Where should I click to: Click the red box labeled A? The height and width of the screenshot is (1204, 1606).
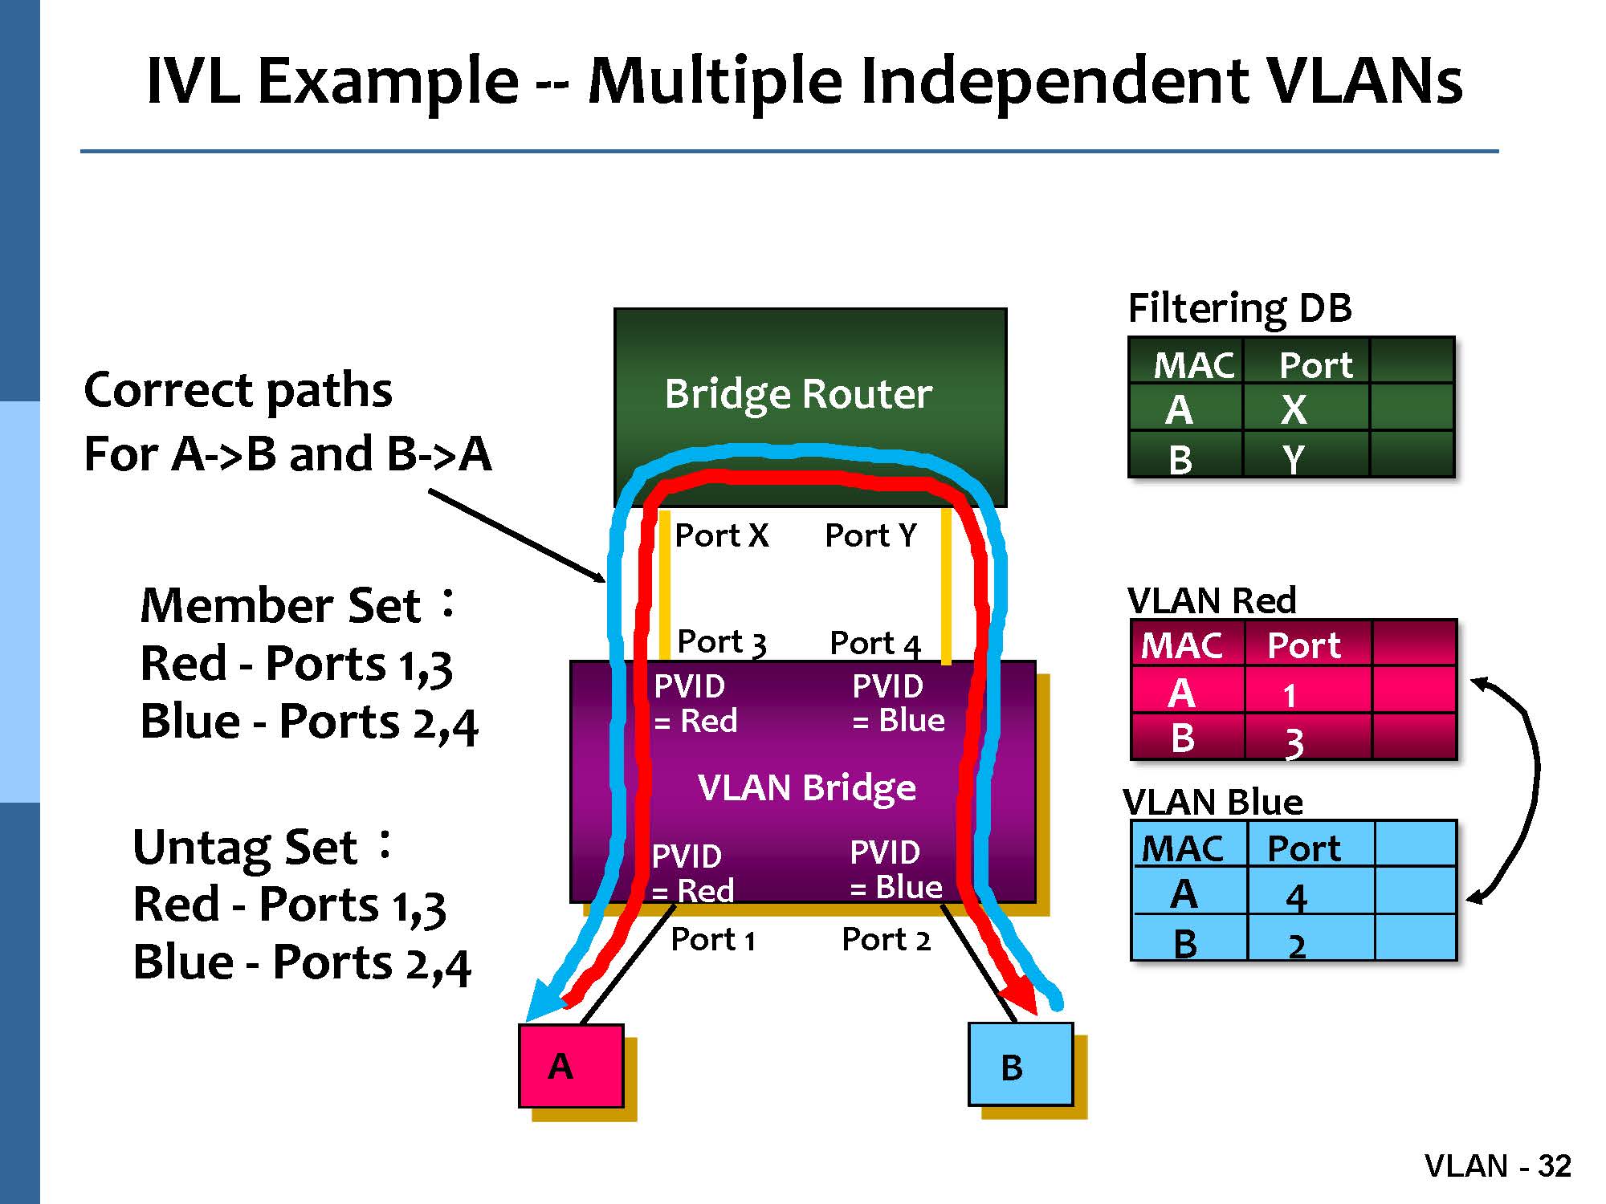click(571, 1065)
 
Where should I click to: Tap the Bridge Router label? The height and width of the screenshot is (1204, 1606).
click(798, 393)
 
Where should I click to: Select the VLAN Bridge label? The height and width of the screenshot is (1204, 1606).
click(806, 787)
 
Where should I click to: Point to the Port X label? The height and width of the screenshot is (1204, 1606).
click(721, 535)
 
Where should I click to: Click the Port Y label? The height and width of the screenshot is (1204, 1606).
click(870, 535)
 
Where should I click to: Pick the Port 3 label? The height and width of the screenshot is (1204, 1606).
click(721, 642)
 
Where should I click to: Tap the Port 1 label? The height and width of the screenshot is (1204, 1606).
click(713, 939)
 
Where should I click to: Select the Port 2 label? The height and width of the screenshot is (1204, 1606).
click(886, 939)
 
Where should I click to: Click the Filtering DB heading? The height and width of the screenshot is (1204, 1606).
click(1239, 308)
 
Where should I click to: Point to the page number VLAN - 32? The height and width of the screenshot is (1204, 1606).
click(1497, 1165)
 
